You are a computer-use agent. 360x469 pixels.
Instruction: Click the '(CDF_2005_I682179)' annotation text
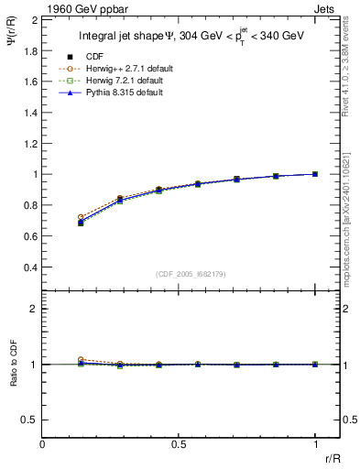191,274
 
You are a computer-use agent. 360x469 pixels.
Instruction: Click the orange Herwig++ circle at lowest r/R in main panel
81,217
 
